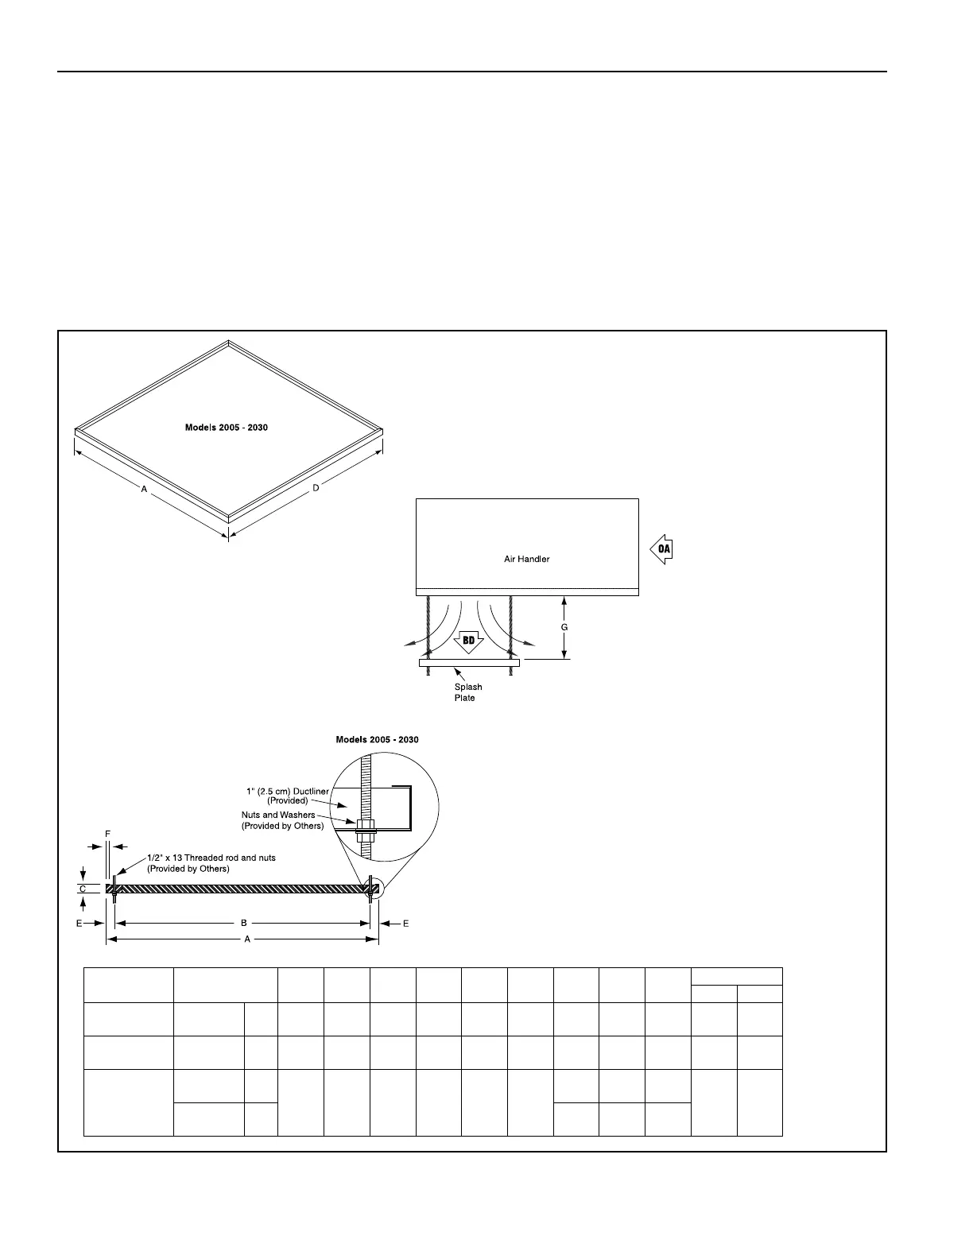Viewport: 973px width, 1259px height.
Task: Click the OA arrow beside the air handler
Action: [x=661, y=550]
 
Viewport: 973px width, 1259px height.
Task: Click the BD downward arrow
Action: [x=469, y=641]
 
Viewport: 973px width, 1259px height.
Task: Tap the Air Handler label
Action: [x=526, y=559]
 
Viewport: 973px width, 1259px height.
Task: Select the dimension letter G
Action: [x=564, y=627]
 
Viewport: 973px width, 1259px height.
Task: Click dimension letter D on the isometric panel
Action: [x=316, y=487]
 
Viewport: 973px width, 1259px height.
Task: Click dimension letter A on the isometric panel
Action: [x=144, y=490]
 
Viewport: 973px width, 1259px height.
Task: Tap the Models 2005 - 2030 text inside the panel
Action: [x=227, y=428]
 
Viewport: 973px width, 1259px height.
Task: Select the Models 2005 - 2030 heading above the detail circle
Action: [x=377, y=739]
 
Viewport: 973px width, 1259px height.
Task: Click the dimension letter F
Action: [x=107, y=832]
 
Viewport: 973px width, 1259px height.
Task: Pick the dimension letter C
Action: [x=83, y=889]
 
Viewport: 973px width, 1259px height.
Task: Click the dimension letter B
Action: [x=244, y=923]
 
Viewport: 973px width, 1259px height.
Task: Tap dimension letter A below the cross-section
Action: [x=247, y=939]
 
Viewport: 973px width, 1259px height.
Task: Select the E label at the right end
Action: [x=405, y=923]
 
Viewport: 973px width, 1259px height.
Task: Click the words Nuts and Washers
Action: [x=278, y=815]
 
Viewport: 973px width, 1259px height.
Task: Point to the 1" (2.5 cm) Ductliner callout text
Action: [x=288, y=792]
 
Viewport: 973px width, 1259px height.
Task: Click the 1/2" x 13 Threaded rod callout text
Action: [x=211, y=858]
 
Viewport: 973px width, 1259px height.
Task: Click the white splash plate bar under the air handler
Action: [x=469, y=662]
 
